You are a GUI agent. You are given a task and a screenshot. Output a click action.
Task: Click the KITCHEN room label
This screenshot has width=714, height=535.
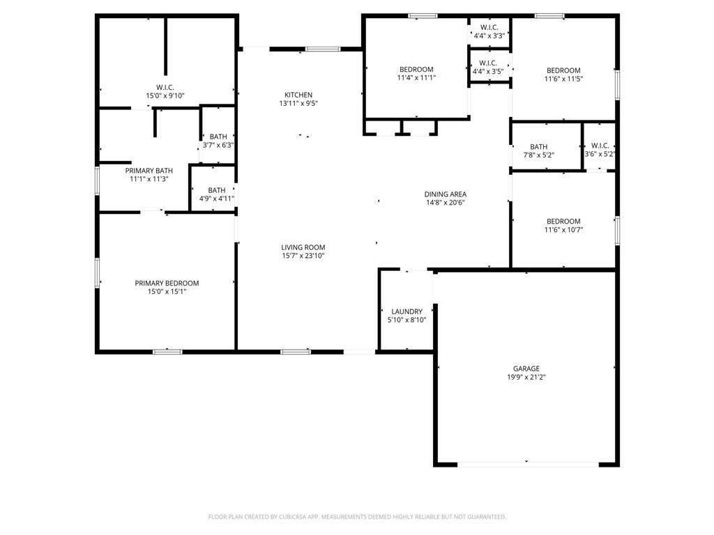[x=298, y=95]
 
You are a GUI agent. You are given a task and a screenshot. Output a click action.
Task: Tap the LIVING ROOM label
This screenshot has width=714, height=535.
[x=303, y=247]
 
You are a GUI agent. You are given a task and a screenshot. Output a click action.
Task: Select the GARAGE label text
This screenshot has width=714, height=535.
[x=526, y=369]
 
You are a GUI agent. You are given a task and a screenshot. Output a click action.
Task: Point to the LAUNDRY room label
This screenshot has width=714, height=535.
[x=407, y=311]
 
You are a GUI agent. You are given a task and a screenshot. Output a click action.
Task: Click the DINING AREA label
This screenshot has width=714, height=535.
[x=446, y=194]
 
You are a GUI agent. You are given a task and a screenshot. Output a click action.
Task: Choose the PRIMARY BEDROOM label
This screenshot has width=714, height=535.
[x=167, y=283]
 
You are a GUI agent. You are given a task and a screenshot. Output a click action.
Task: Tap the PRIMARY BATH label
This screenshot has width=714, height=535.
[x=149, y=171]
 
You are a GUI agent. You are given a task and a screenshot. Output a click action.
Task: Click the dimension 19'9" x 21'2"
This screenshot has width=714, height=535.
[x=526, y=377]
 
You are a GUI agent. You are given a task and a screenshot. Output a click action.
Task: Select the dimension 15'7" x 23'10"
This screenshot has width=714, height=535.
[x=303, y=256]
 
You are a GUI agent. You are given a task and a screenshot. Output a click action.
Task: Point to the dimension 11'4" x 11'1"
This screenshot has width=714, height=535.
[x=416, y=78]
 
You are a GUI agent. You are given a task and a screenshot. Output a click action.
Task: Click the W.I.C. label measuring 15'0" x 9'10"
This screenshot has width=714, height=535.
[x=165, y=87]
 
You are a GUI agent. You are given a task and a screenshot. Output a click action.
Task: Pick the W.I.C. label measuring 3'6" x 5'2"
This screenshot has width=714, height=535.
[x=599, y=146]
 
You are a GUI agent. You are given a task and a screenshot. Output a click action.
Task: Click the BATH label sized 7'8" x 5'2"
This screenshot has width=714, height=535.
[x=538, y=147]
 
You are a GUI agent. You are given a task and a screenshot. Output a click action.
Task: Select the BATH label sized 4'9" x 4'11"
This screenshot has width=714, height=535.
[x=217, y=190]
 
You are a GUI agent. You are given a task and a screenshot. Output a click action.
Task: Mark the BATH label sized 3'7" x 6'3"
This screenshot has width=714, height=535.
[x=218, y=137]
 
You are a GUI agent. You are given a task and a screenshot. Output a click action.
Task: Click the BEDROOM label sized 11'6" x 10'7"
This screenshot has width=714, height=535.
[x=563, y=222]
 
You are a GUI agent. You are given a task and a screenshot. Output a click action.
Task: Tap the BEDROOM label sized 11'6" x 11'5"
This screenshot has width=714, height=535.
[x=563, y=70]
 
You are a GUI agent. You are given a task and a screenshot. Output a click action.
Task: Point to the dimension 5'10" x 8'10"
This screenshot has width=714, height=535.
[x=407, y=320]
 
